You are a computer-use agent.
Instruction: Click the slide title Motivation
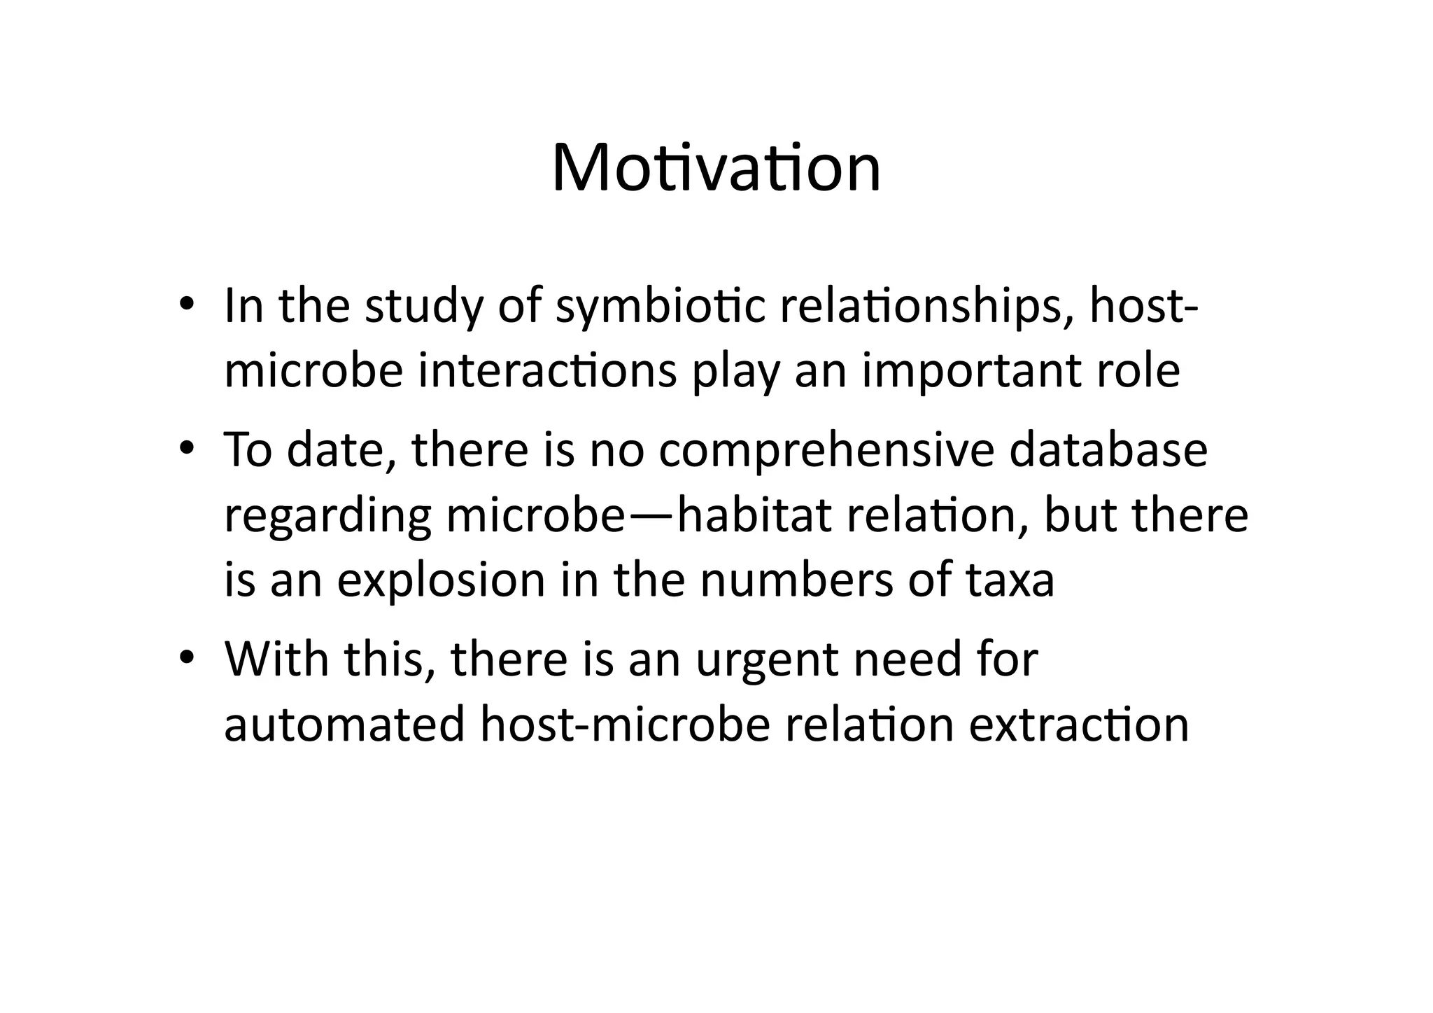716,169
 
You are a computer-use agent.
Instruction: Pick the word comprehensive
826,450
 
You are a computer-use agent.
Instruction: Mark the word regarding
327,517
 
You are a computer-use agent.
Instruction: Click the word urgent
766,660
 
